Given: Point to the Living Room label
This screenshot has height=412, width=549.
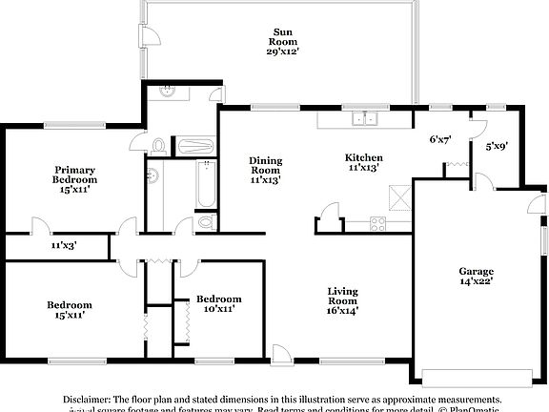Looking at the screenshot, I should (343, 299).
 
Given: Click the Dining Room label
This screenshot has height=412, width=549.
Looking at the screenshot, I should (266, 169).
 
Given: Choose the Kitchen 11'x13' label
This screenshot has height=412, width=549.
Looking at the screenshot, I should (364, 162).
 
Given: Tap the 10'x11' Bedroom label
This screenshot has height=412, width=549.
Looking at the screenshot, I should (218, 303).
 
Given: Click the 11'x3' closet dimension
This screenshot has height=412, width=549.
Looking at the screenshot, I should (64, 246).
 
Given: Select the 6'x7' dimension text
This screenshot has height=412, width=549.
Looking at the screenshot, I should (440, 139).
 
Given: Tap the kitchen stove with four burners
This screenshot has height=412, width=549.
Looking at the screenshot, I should (376, 226).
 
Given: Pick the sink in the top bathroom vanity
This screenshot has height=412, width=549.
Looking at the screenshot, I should (169, 93).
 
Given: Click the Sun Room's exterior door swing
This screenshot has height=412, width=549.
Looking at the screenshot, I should (150, 37).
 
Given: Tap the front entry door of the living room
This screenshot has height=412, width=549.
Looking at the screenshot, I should (279, 351).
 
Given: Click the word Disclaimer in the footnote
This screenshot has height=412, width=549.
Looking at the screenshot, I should (87, 400).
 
